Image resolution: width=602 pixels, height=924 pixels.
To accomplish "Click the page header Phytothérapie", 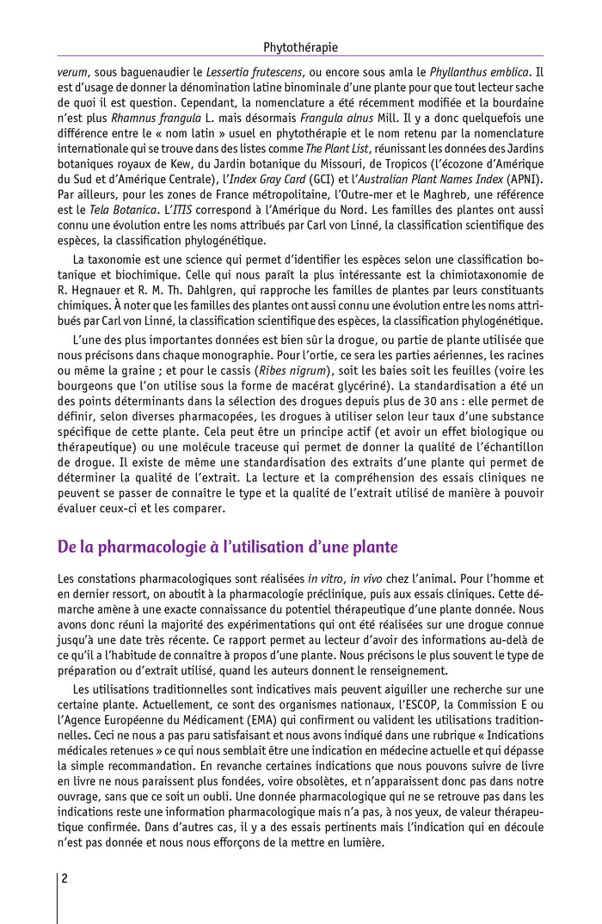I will point(300,47).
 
